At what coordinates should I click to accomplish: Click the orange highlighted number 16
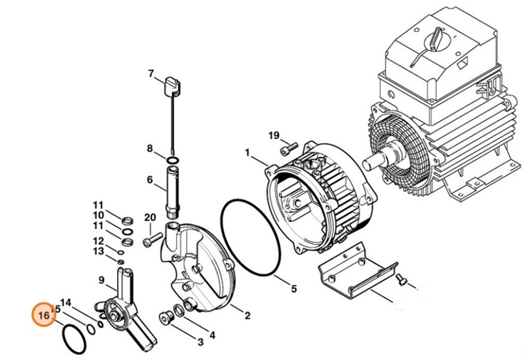click(x=44, y=315)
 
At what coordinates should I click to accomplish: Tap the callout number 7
click(x=151, y=73)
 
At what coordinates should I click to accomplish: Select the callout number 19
click(x=274, y=135)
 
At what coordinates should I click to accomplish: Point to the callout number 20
click(x=150, y=217)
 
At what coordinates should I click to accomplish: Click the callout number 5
click(x=294, y=289)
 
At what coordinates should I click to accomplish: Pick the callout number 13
click(x=98, y=251)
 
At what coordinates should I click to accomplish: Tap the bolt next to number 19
click(x=289, y=148)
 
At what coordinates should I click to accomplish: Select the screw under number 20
click(x=153, y=240)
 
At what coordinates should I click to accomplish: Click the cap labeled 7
click(x=172, y=86)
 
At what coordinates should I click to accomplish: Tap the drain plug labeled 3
click(x=166, y=317)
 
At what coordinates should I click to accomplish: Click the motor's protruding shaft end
click(x=370, y=165)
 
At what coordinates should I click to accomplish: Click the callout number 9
click(x=101, y=280)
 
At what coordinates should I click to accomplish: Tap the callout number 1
click(x=248, y=153)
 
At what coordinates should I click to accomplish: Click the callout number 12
click(x=98, y=241)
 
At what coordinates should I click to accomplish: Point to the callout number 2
click(x=248, y=315)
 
